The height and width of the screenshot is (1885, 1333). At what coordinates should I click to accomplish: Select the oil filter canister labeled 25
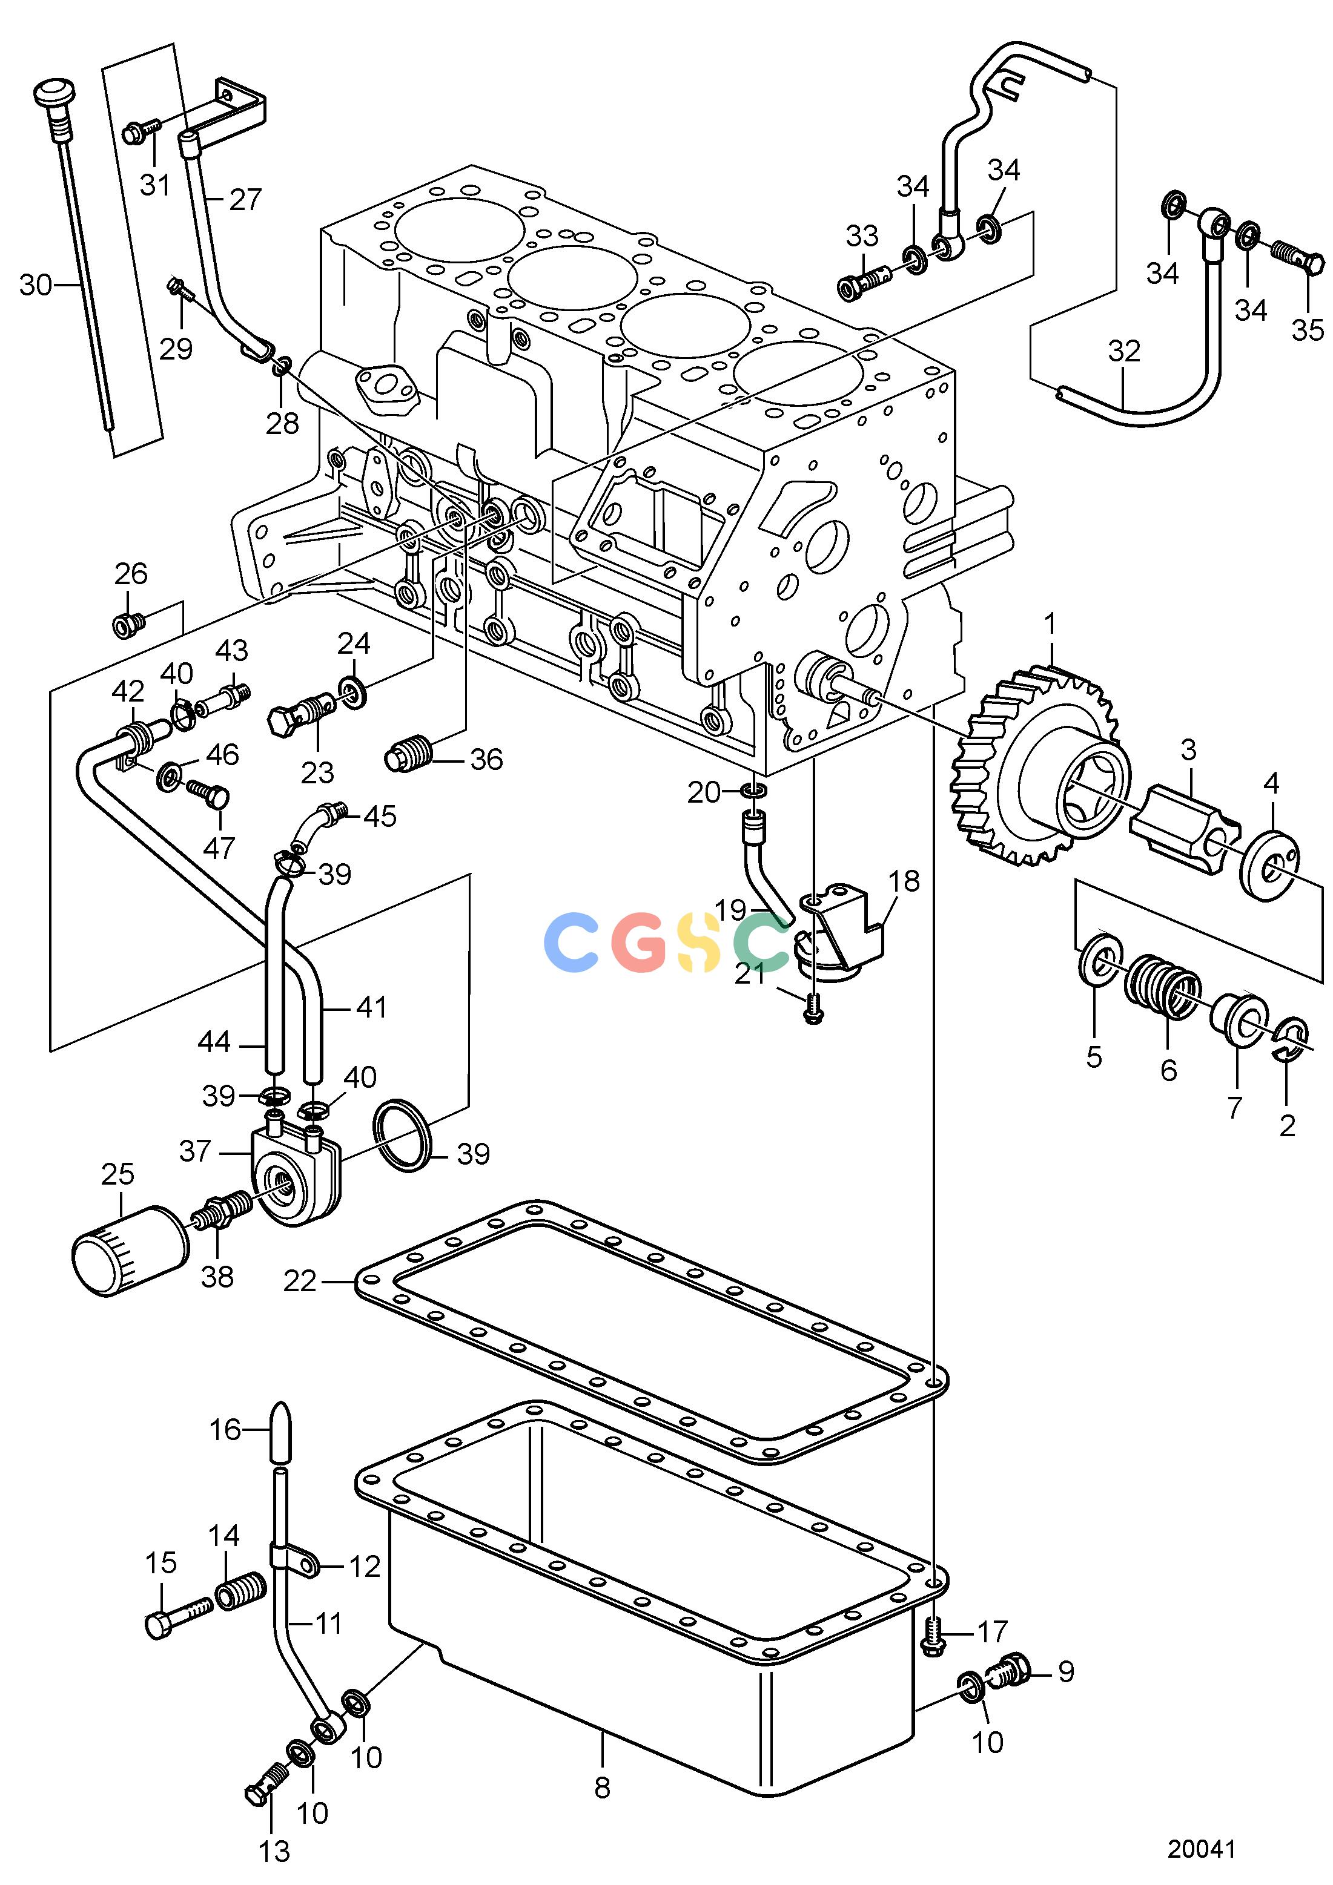point(130,1251)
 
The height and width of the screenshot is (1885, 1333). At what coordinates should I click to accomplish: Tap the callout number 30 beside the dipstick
point(35,285)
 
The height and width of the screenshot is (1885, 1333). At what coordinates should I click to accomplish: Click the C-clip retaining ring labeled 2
point(1289,1042)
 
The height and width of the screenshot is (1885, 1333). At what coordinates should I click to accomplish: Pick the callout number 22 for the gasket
point(300,1281)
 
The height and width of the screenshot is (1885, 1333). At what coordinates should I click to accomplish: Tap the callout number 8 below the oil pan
point(602,1788)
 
